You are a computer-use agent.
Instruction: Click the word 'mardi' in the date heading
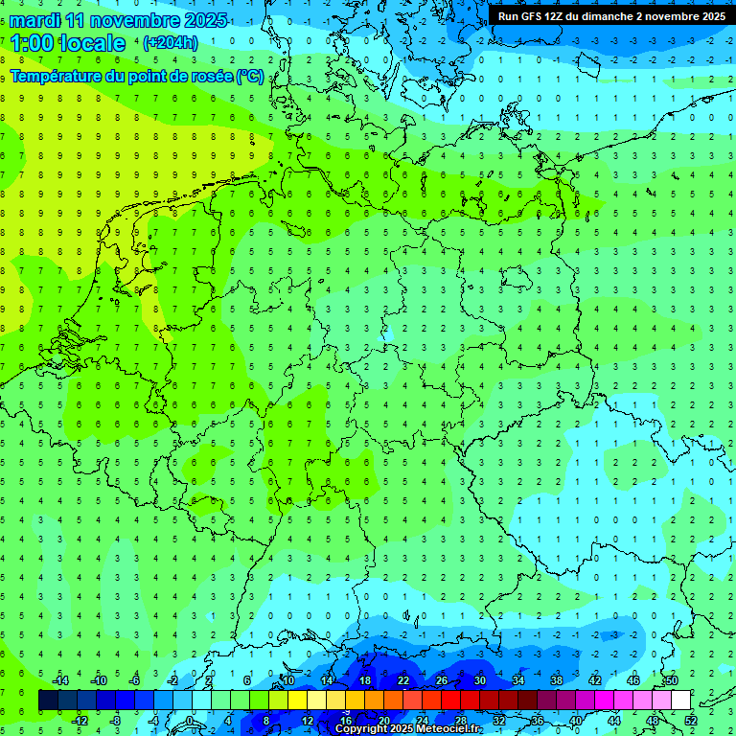tap(37, 20)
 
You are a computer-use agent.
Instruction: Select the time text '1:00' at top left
tap(31, 43)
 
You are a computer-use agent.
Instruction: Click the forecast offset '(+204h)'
tap(170, 43)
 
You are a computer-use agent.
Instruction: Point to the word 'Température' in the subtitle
tap(56, 76)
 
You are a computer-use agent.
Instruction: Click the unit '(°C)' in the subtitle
tap(251, 76)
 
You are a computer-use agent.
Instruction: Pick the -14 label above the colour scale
tap(59, 680)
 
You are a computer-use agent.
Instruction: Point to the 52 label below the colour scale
tap(691, 721)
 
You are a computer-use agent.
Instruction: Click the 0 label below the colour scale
tap(191, 721)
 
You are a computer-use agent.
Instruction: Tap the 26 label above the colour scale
tap(442, 680)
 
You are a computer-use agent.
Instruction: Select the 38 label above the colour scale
tap(557, 680)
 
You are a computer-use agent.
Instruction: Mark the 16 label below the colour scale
tap(346, 721)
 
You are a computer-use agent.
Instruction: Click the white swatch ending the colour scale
tap(680, 701)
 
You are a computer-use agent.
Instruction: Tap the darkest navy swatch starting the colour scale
tap(48, 701)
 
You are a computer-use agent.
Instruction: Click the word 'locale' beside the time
tap(92, 43)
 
